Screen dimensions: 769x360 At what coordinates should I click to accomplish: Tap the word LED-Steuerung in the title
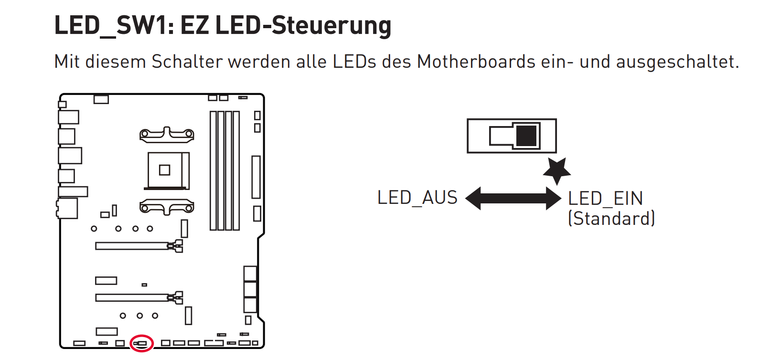click(303, 25)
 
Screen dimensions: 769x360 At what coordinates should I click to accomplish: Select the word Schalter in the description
click(187, 62)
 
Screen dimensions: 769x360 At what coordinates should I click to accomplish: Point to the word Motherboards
click(476, 62)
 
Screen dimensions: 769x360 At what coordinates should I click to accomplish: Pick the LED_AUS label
click(417, 198)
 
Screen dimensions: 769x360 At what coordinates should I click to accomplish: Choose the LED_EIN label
click(605, 199)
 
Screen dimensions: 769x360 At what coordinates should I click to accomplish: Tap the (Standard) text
click(611, 219)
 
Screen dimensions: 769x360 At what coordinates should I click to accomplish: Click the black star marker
click(557, 170)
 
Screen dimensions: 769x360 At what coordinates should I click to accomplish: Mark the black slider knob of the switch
click(526, 136)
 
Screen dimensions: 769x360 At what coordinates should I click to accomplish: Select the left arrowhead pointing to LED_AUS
click(473, 198)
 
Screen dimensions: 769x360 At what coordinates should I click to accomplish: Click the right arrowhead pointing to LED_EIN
click(554, 198)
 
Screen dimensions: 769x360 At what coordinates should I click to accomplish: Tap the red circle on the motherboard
click(141, 343)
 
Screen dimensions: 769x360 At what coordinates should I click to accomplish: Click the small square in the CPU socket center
click(164, 170)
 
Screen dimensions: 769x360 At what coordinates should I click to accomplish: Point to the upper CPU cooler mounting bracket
click(167, 135)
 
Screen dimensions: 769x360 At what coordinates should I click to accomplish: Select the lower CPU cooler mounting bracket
click(167, 207)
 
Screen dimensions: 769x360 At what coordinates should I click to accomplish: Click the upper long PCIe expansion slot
click(139, 246)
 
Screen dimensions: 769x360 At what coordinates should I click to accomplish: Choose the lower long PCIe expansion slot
click(139, 297)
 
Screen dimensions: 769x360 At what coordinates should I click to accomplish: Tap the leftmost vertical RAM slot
click(213, 170)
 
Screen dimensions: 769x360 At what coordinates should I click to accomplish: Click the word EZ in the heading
click(194, 25)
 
